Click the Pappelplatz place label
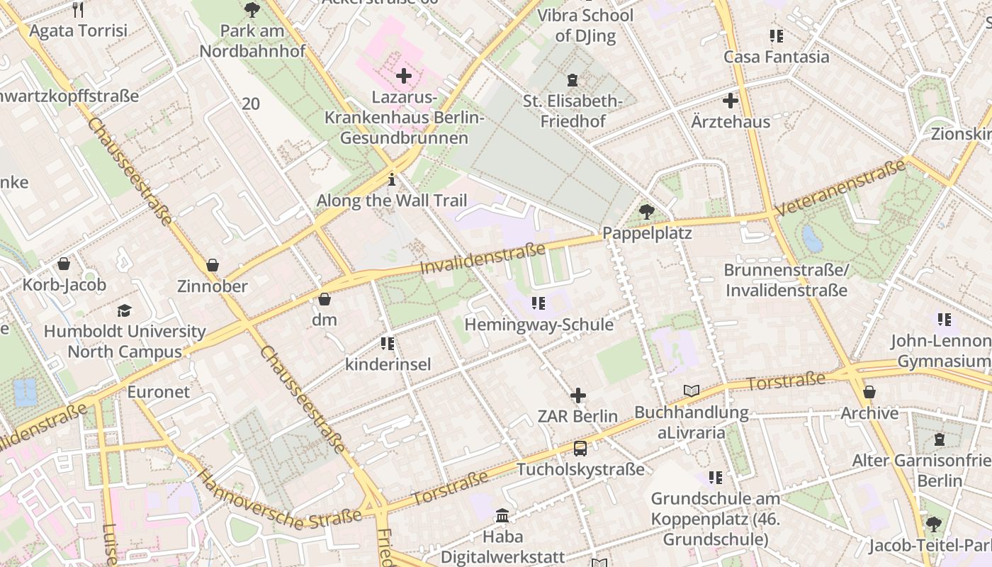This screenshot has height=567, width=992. click(x=646, y=232)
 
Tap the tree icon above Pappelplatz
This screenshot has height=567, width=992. click(x=646, y=211)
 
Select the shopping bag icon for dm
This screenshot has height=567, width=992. click(x=325, y=299)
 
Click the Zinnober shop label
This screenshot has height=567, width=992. click(x=212, y=286)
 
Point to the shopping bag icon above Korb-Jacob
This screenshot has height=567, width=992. click(x=64, y=264)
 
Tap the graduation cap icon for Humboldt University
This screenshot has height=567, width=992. click(x=125, y=310)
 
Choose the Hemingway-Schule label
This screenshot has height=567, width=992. click(x=539, y=325)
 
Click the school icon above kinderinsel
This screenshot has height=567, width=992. click(x=388, y=344)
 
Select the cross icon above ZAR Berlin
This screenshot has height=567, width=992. click(x=578, y=395)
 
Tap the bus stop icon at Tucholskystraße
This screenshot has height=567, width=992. click(x=580, y=448)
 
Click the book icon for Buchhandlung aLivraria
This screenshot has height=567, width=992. click(x=691, y=391)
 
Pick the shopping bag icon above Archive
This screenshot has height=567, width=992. click(x=869, y=392)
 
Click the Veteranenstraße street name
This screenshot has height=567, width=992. click(x=840, y=188)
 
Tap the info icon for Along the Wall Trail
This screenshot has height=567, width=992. click(x=392, y=180)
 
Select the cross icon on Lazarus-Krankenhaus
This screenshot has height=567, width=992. click(x=404, y=76)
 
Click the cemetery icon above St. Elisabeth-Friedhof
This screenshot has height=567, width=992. click(x=573, y=79)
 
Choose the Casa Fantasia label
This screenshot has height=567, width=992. click(x=776, y=57)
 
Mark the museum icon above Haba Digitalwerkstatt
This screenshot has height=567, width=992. click(x=502, y=515)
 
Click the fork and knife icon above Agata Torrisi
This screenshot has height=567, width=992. click(x=78, y=9)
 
